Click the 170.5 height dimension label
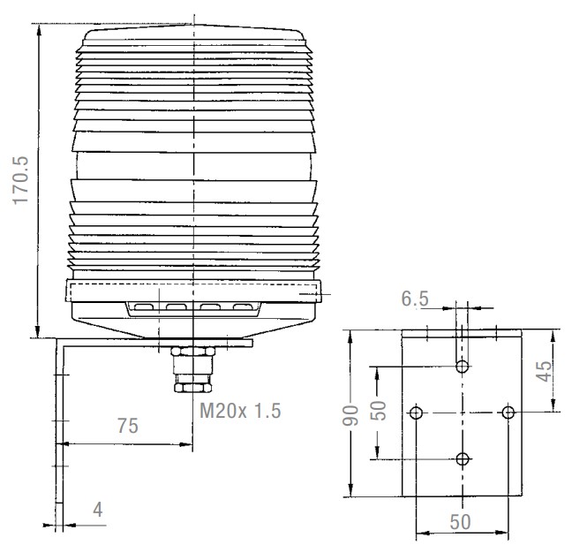coord(20,180)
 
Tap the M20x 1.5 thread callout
coord(240,411)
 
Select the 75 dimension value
coord(128,426)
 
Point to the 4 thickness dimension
coord(97,510)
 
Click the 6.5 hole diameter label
coord(415,299)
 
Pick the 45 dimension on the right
coord(545,371)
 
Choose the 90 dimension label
coord(350,415)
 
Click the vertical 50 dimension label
coord(379,411)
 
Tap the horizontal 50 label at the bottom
coord(460,522)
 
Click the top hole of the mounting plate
coord(463,367)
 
